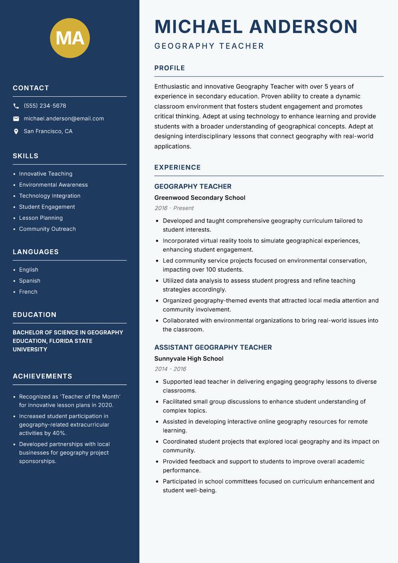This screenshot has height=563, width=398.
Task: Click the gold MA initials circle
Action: (70, 38)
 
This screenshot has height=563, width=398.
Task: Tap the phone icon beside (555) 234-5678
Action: (16, 106)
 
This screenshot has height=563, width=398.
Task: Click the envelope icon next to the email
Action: (16, 119)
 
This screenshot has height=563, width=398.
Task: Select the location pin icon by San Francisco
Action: (16, 132)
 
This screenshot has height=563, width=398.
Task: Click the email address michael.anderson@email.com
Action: (64, 119)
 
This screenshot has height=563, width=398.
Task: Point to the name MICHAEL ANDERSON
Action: (256, 26)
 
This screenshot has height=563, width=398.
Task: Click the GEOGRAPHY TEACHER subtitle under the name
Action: (209, 46)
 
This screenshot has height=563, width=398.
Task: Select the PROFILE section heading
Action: (169, 68)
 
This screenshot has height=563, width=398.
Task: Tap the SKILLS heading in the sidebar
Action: (25, 156)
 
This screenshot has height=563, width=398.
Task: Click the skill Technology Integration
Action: (50, 196)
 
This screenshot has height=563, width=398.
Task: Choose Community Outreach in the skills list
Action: (47, 229)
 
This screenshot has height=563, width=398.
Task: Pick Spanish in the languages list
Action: (30, 281)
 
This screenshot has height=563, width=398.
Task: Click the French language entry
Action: (28, 292)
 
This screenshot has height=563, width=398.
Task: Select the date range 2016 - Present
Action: (174, 208)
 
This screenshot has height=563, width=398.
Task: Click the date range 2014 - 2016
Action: (170, 369)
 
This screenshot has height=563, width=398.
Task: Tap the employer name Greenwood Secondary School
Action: (199, 198)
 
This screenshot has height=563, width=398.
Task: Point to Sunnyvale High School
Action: (189, 359)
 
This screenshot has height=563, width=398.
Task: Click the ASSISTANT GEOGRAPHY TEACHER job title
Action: (213, 347)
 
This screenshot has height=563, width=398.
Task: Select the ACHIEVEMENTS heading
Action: (42, 376)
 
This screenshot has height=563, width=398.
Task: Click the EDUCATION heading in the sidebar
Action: (34, 315)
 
